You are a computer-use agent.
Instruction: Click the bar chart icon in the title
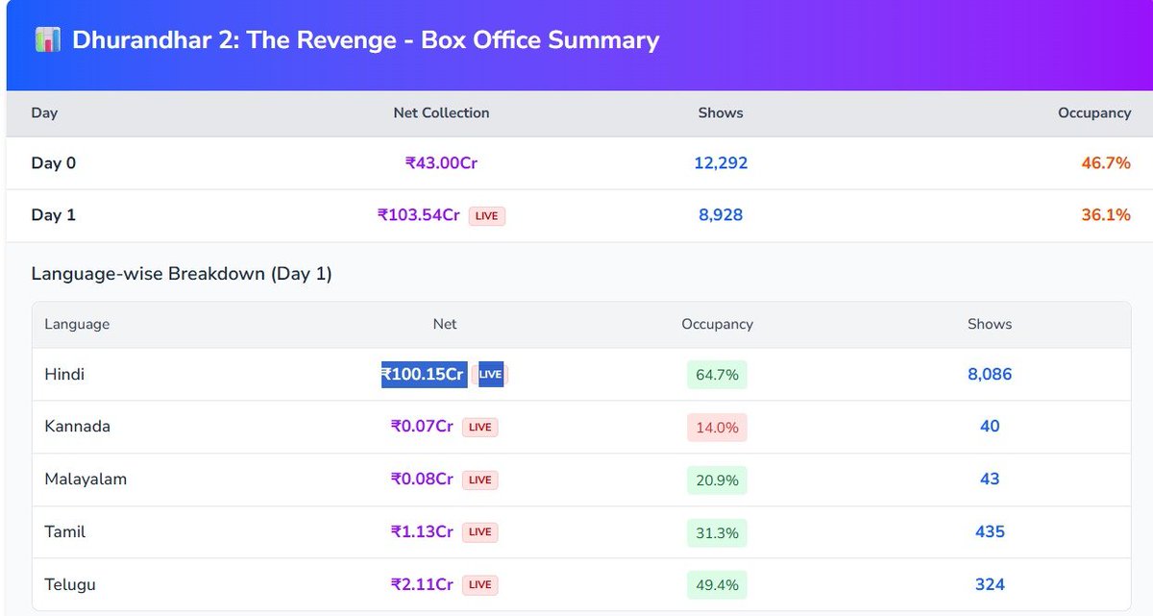coord(47,40)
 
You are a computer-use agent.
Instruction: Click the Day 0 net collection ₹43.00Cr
coord(441,163)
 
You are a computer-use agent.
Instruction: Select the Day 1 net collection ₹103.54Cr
coord(419,215)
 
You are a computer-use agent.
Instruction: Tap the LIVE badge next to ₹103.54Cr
coord(486,216)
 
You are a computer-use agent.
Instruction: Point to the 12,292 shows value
coord(721,163)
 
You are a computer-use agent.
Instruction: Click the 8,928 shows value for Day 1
coord(721,215)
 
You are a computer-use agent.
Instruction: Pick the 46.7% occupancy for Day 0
coord(1106,163)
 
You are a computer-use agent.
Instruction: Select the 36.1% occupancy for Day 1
coord(1106,215)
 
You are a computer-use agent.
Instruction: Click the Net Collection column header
coord(441,112)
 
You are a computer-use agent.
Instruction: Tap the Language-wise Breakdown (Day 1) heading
coord(182,274)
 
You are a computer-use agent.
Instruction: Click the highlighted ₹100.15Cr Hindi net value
coord(424,374)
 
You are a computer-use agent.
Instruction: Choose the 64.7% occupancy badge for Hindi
coord(717,375)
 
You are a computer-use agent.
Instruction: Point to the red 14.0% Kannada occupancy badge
coord(717,427)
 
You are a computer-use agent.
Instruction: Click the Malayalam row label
coord(86,479)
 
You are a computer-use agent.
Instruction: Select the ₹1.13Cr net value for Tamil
coord(422,531)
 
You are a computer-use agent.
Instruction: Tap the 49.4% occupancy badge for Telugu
coord(717,584)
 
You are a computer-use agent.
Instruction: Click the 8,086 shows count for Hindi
coord(990,374)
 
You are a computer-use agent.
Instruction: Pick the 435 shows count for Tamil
coord(990,531)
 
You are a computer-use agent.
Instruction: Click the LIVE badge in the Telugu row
coord(479,584)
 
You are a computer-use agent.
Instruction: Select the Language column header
coord(77,324)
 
